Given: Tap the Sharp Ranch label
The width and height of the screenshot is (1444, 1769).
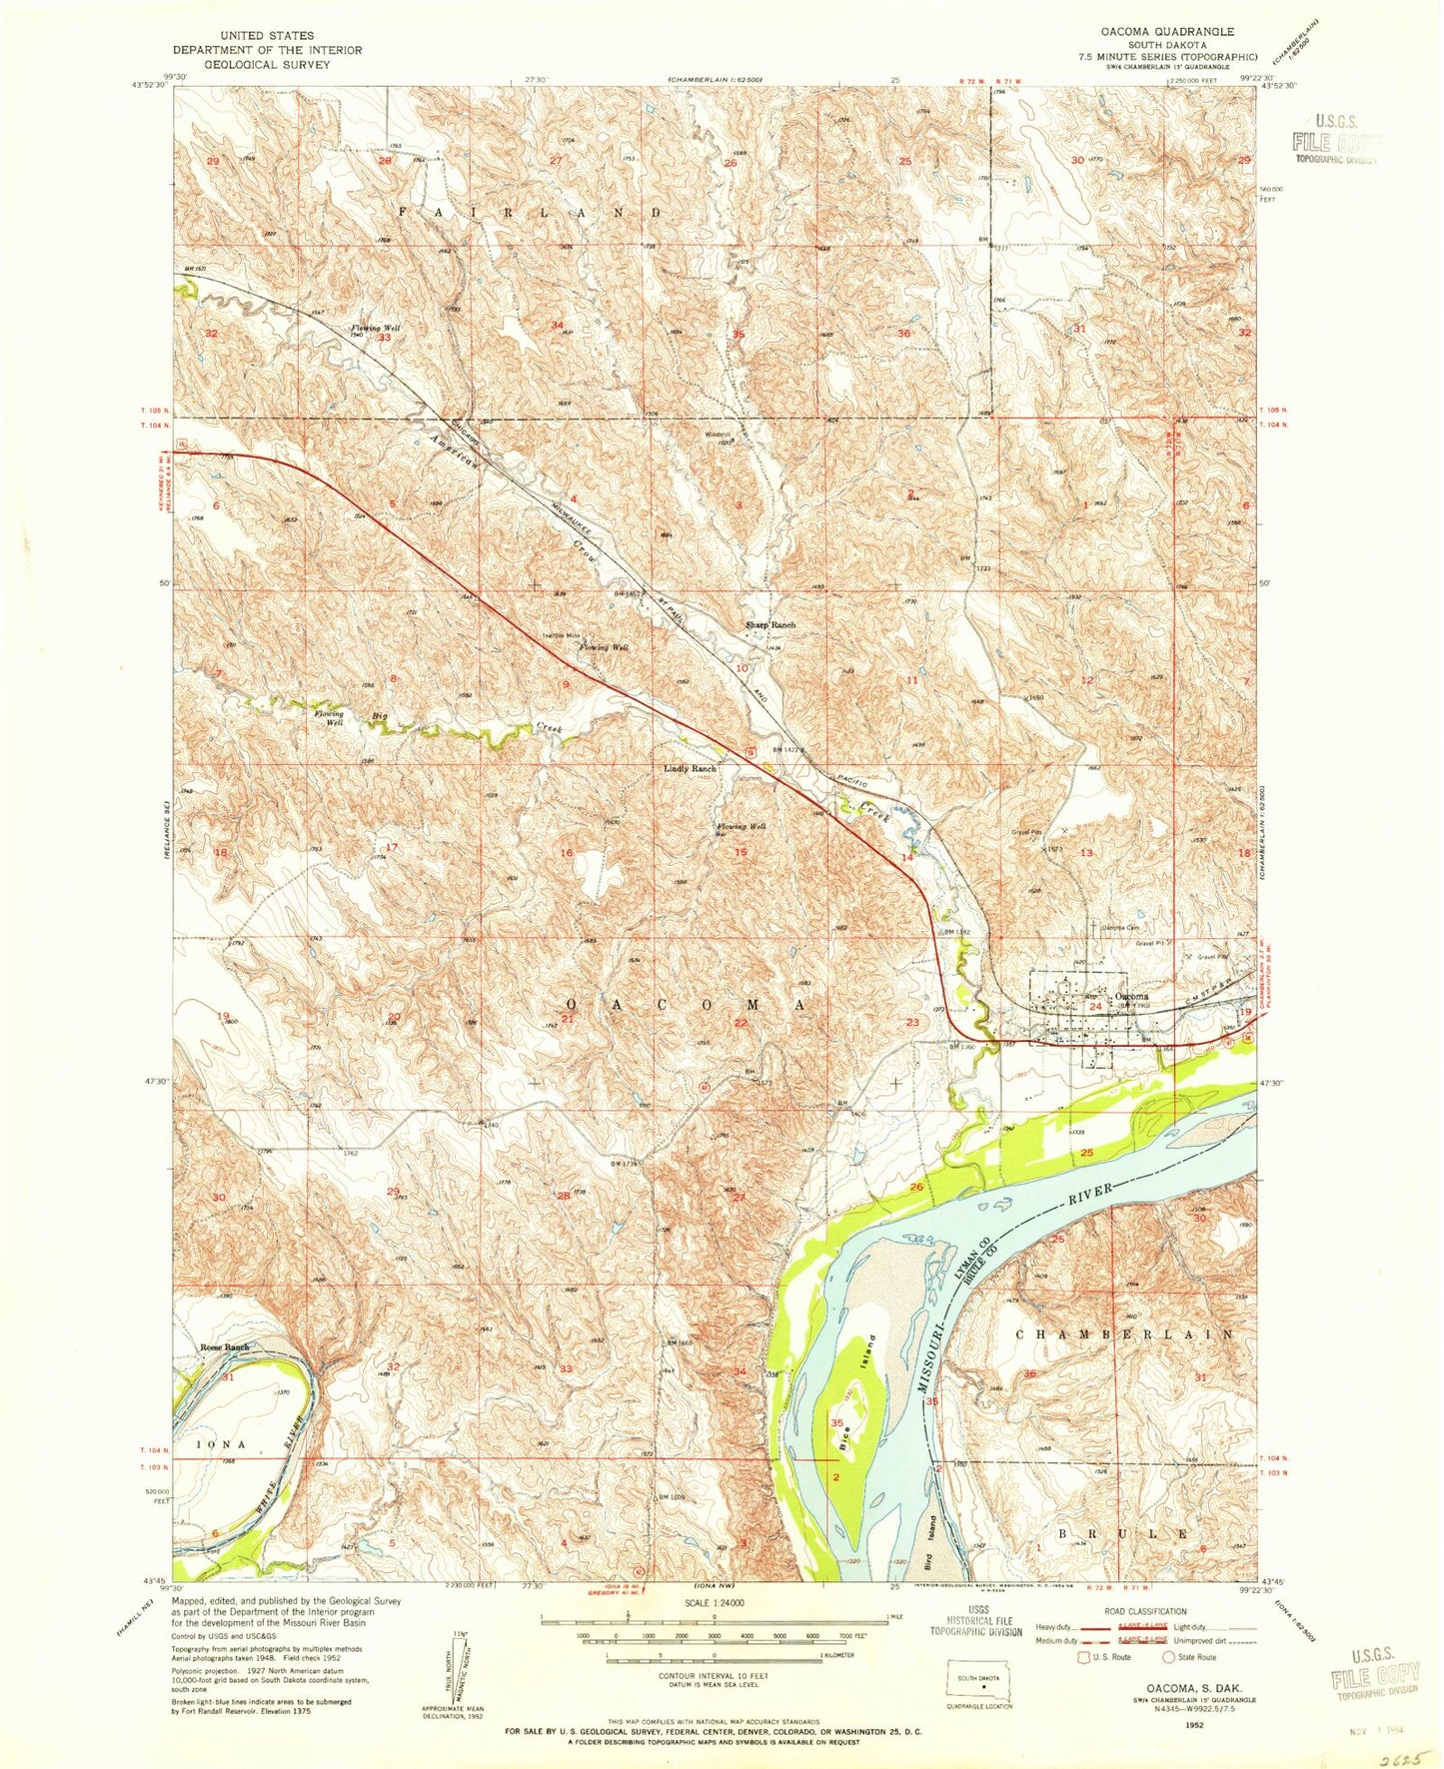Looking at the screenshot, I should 770,624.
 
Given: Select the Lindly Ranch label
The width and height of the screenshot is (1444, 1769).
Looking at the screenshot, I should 691,769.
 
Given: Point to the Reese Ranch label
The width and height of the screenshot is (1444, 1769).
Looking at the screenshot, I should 224,1347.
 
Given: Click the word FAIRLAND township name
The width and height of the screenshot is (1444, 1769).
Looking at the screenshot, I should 531,213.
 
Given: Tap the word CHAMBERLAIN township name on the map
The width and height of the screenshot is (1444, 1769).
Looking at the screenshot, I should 1124,1334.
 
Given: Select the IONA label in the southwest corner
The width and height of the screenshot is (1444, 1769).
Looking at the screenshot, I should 221,1444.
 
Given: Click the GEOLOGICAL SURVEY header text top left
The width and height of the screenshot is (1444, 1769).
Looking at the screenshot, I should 267,64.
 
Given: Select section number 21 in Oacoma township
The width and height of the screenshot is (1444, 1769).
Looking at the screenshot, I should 567,1019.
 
